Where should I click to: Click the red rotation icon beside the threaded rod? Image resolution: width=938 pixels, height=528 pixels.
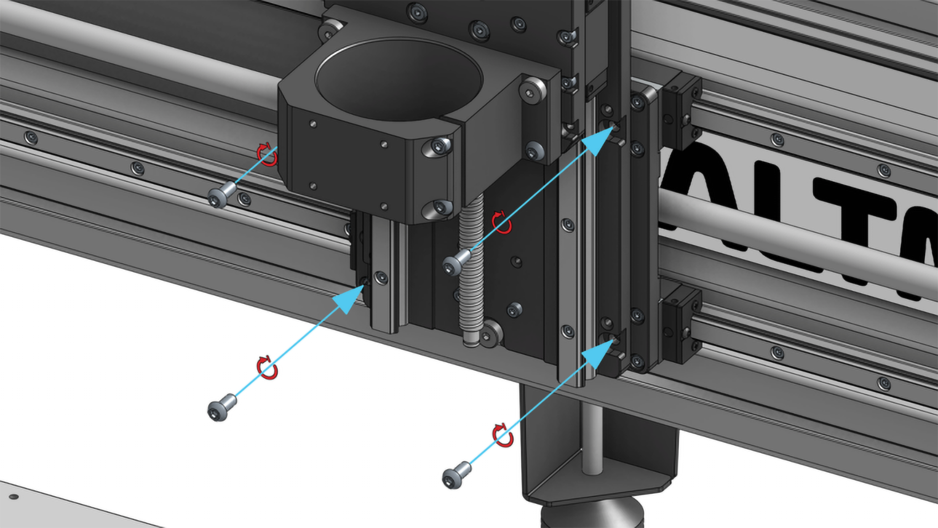(x=502, y=223)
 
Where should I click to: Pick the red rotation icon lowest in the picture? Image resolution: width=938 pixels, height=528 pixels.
(x=503, y=436)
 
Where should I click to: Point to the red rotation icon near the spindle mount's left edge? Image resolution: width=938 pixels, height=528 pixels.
(x=267, y=154)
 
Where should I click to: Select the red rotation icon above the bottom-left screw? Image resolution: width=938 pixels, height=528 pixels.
(x=267, y=368)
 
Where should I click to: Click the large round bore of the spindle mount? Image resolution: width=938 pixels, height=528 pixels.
(x=399, y=78)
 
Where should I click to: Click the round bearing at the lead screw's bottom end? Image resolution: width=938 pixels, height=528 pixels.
(x=491, y=335)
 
